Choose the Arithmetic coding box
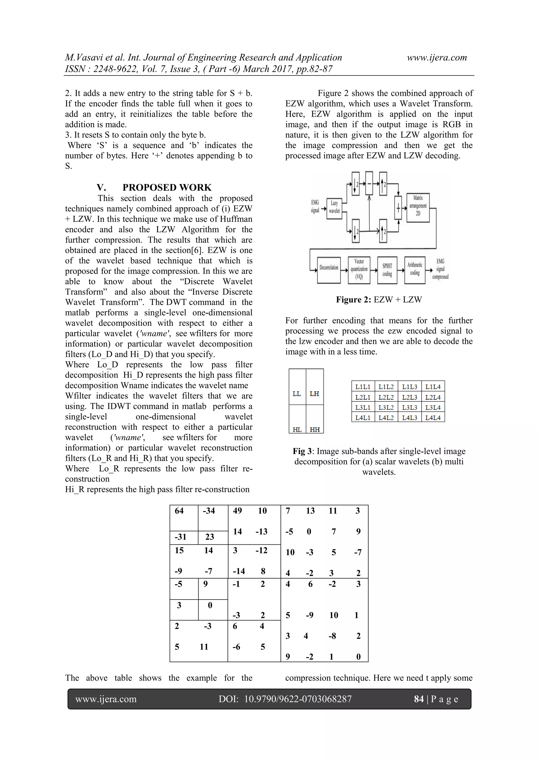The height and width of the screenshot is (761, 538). [415, 269]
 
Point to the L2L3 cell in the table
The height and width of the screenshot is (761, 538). [410, 397]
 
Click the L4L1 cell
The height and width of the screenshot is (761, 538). [363, 418]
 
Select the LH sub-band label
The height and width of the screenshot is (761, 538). [314, 394]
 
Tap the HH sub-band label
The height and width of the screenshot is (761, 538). [315, 430]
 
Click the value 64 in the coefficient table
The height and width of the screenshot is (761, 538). [179, 511]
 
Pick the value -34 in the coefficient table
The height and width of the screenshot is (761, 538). [209, 511]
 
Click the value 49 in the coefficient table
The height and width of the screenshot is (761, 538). [237, 511]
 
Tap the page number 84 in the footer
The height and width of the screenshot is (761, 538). [419, 699]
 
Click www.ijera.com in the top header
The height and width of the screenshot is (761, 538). [437, 58]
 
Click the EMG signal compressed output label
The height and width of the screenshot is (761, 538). [440, 269]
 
